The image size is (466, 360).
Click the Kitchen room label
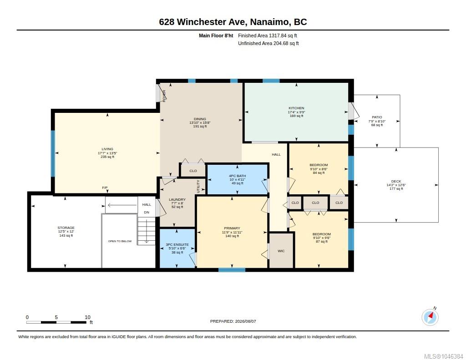(x=296, y=108)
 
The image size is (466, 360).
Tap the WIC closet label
(x=281, y=251)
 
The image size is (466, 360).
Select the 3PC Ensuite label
(x=177, y=244)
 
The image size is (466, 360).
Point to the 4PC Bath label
(x=237, y=176)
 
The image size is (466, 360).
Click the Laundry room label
(x=177, y=199)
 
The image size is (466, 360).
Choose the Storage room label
(x=66, y=228)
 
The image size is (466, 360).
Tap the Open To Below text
(x=120, y=241)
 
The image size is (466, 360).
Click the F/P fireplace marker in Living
(x=105, y=188)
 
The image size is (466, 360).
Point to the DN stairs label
(x=147, y=212)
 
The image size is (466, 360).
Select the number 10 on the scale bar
(x=87, y=317)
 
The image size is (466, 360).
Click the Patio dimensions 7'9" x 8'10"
(x=377, y=121)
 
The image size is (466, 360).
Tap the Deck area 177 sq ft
(x=396, y=189)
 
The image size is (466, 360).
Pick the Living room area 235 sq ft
(x=107, y=157)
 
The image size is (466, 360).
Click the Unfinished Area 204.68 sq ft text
(x=268, y=43)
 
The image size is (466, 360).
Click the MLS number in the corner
(x=443, y=356)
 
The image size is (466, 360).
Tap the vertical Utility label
(x=198, y=187)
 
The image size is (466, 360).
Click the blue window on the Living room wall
(x=53, y=153)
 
